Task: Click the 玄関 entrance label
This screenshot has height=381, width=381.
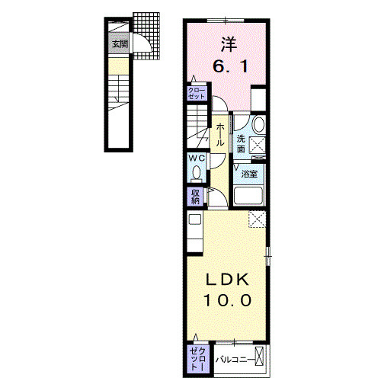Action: coord(120,44)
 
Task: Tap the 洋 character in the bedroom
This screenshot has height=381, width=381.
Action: coord(229,44)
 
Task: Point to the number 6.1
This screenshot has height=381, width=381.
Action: coord(230,67)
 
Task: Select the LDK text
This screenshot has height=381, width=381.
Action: coord(227,280)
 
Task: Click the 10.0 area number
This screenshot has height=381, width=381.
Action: coord(227,300)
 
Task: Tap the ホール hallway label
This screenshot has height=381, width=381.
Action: coord(220,135)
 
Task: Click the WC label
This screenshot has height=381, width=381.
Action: coord(197,158)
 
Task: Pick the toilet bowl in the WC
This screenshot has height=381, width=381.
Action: coord(197,174)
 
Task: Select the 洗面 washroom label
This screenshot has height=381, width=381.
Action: coord(241,144)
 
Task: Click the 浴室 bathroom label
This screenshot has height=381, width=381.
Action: coord(249,174)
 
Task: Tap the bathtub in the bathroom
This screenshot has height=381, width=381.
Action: coord(248,196)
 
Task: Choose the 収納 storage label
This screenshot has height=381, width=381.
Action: coord(195,197)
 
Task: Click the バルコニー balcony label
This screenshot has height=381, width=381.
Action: coord(235,360)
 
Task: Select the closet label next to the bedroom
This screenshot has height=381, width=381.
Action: coord(197,94)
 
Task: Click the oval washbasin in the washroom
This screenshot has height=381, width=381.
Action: coord(259,124)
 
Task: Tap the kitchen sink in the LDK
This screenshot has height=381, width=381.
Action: coord(195,219)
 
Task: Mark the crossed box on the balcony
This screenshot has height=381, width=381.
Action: coord(259,356)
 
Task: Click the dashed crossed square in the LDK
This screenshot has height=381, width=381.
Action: coord(257,219)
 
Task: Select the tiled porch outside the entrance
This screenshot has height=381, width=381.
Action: coord(146,36)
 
